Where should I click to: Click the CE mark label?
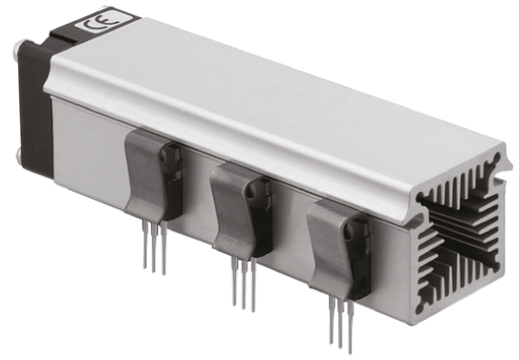point(97,28)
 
